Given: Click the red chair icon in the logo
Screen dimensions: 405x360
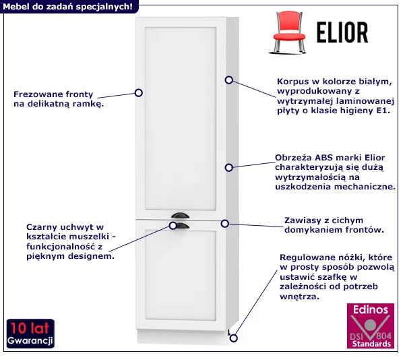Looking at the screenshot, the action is tap(288, 32).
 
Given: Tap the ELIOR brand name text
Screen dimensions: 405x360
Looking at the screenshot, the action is tap(342, 32).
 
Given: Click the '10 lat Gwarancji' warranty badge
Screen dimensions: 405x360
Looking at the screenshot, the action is tap(30, 334).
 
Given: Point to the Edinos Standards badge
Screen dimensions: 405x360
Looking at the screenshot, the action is tap(371, 326).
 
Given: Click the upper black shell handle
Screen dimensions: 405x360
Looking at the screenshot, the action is tap(180, 215).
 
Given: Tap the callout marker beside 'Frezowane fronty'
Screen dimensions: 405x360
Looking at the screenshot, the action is tap(139, 93).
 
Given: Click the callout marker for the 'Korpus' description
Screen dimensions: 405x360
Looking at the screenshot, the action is tap(229, 80).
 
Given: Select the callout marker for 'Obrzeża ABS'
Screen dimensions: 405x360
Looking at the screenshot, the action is tap(229, 168).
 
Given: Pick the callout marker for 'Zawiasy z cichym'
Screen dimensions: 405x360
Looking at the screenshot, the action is tap(225, 224).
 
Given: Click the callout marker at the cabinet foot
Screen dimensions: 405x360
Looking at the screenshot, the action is tap(234, 338).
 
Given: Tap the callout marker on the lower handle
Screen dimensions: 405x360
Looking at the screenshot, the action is tap(173, 226).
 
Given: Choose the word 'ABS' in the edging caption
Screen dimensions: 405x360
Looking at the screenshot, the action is tap(323, 158).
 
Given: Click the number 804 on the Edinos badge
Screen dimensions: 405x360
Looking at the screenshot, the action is tap(383, 336).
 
